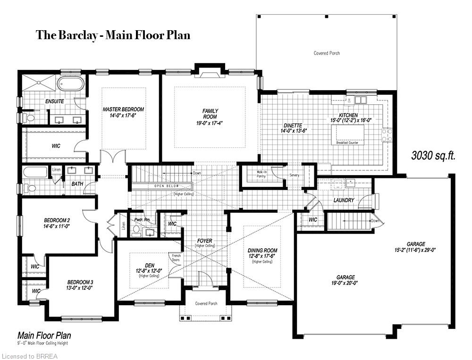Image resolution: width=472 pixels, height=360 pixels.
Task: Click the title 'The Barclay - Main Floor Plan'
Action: point(113,35)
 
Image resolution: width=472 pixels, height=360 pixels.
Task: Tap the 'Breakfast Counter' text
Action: point(349,142)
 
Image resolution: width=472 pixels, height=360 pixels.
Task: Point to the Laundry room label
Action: point(343,200)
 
